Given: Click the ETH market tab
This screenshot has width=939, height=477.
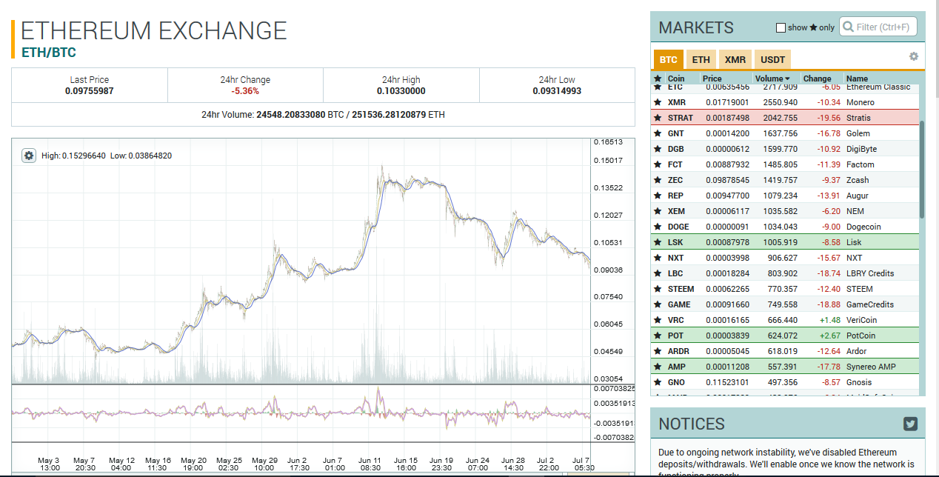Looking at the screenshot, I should (x=701, y=59).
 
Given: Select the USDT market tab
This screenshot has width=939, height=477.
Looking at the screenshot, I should (x=772, y=59).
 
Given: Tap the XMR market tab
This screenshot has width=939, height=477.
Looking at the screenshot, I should (x=735, y=59).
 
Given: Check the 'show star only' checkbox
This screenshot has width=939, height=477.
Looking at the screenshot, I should (x=781, y=28).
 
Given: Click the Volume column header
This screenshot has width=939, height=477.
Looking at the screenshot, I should (x=772, y=79).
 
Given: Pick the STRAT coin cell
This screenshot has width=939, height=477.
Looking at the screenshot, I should (x=680, y=118).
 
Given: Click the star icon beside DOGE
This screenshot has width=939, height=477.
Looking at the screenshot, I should (x=657, y=227).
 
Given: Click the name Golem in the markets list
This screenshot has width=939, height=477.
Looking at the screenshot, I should (x=859, y=133).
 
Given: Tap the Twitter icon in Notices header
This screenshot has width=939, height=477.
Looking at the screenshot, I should (x=910, y=424).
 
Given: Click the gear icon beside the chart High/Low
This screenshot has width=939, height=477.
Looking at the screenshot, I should (x=29, y=156).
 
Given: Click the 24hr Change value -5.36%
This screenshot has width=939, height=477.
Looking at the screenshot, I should (x=245, y=91).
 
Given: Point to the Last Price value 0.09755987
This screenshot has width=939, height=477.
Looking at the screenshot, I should (x=90, y=91).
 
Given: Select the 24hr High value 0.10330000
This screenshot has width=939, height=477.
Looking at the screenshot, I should (x=401, y=91).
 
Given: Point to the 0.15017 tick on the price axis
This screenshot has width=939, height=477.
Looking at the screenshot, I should (x=608, y=160).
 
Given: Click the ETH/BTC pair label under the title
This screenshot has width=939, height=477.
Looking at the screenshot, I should (x=49, y=53).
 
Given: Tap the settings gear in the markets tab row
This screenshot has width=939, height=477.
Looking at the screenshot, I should (x=913, y=57).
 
